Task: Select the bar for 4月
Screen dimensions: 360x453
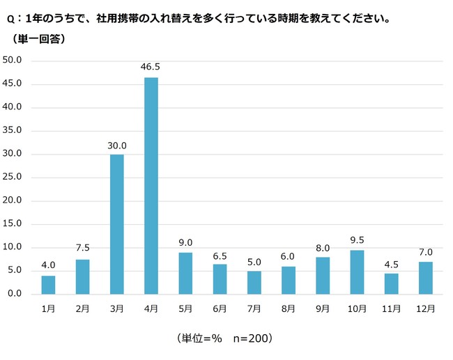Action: click(x=151, y=185)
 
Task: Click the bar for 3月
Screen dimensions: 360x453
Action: click(x=117, y=224)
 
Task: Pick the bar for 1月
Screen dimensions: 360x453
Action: click(x=48, y=284)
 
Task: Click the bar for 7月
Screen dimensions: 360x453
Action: click(x=254, y=282)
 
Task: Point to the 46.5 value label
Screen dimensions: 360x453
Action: click(x=151, y=68)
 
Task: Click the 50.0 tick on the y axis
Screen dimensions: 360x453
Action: click(x=14, y=60)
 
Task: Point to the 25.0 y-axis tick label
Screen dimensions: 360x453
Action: click(x=14, y=177)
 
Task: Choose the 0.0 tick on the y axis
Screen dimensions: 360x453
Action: click(x=16, y=294)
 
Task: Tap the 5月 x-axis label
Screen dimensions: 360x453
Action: click(x=185, y=307)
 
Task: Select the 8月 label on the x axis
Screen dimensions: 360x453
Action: click(x=289, y=307)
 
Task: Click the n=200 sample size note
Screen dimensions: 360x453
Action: click(x=249, y=339)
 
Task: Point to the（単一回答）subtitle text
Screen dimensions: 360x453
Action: click(x=40, y=38)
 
